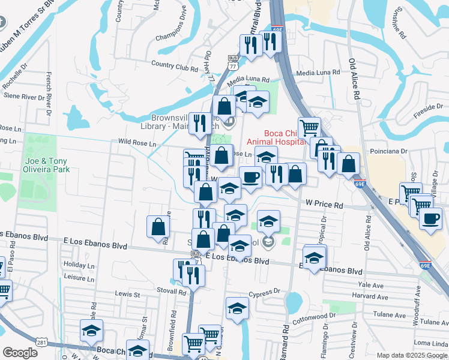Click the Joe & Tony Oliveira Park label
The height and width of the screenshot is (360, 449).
[x=47, y=165]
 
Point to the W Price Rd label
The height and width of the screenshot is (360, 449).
[x=324, y=205]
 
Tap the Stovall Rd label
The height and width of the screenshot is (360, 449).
[x=173, y=292]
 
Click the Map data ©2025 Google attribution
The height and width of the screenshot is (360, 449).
[x=412, y=355]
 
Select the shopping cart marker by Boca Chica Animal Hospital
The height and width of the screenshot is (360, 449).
[x=309, y=127]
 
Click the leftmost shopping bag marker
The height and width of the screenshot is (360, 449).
[x=158, y=226]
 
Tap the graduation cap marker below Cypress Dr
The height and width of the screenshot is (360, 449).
[x=237, y=309]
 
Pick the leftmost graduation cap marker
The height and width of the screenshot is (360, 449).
[x=91, y=329]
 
